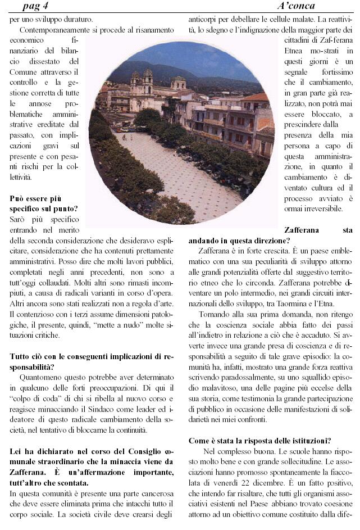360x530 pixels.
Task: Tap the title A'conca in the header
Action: coord(296,6)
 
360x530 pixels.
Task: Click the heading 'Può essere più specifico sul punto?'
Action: coord(44,204)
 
